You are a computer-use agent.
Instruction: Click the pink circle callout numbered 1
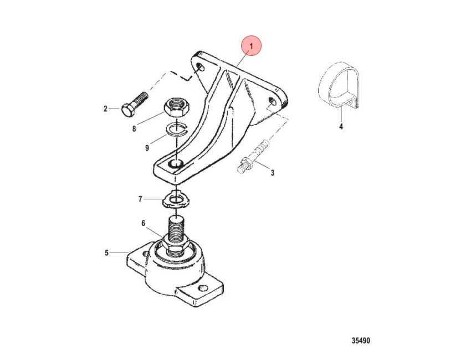(252, 46)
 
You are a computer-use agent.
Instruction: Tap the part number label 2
(105, 109)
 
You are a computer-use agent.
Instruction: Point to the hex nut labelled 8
(176, 109)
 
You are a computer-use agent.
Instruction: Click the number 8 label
(134, 129)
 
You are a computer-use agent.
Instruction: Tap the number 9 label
(147, 148)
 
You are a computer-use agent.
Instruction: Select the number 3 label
(272, 173)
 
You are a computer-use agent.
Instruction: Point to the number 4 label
(341, 127)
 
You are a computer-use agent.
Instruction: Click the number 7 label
(140, 199)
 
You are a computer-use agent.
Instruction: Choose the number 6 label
(144, 223)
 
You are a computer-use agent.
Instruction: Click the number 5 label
(106, 253)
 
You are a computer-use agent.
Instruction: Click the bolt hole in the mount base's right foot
(204, 289)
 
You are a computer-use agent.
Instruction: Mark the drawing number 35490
(361, 341)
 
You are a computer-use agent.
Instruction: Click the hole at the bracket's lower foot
(176, 163)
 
